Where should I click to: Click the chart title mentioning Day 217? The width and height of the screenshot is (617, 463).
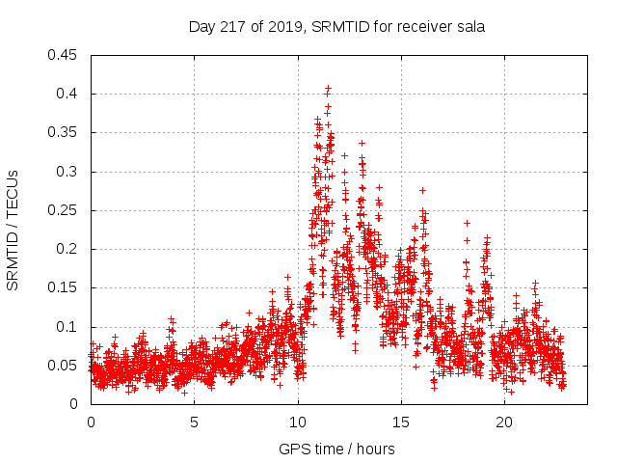(336, 27)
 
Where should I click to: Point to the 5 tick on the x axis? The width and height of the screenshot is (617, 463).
(195, 422)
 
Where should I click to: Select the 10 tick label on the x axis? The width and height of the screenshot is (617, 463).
(298, 422)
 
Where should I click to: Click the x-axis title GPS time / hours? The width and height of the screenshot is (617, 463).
(336, 449)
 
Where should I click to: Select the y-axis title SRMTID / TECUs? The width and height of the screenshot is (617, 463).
(13, 230)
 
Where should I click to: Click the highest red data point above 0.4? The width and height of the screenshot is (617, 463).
(328, 89)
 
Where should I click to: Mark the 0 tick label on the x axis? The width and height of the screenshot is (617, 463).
(91, 422)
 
